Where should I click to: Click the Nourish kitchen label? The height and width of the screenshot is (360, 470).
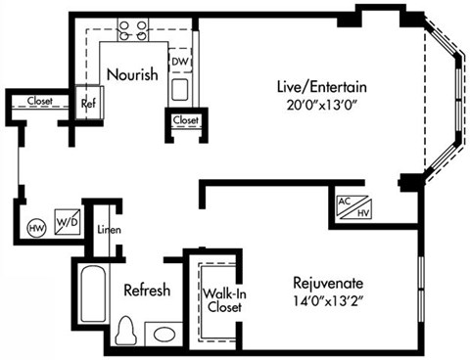131,75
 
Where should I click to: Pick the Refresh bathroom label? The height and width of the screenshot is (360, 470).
147,291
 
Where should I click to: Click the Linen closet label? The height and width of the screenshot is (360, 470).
107,231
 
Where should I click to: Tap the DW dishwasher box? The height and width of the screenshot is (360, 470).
179,62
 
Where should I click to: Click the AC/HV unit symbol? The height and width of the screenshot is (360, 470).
351,206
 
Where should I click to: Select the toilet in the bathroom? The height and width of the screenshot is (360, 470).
126,331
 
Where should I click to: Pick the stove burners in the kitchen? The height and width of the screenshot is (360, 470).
131,30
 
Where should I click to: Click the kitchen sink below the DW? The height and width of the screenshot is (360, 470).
179,89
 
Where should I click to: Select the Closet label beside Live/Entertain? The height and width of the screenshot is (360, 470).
184,120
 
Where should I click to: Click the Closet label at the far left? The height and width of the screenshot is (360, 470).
40,101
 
